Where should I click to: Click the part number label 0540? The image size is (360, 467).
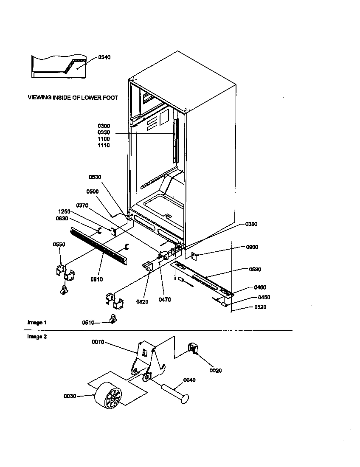point(104,57)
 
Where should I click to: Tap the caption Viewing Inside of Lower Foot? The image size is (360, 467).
point(73,98)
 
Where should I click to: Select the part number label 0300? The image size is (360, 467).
point(104,126)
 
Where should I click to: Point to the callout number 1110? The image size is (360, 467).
point(104,145)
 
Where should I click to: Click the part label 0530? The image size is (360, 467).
point(95,177)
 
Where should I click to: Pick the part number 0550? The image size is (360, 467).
point(59,245)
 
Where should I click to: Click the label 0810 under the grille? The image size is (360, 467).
point(97,279)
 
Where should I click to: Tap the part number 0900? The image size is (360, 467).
point(251,247)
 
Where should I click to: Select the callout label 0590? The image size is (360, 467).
point(255,270)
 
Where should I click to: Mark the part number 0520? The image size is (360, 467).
point(260,307)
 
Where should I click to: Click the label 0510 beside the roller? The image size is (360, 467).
point(88,323)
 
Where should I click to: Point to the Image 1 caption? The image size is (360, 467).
point(37,323)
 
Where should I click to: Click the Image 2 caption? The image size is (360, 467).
point(37,337)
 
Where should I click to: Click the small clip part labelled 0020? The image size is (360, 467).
point(193,349)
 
